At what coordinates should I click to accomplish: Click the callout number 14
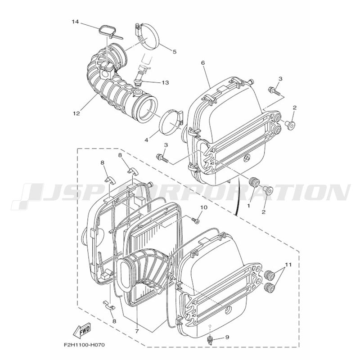coord(75,22)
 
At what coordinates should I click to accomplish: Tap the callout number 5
coord(174,52)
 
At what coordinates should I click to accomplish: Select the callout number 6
coord(203,63)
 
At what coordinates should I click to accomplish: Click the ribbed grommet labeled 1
coord(254,183)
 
